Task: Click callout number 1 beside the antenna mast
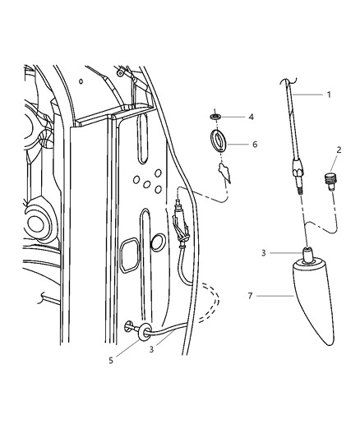pyautogui.click(x=329, y=95)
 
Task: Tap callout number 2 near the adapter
pyautogui.click(x=337, y=150)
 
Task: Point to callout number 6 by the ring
pyautogui.click(x=255, y=144)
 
